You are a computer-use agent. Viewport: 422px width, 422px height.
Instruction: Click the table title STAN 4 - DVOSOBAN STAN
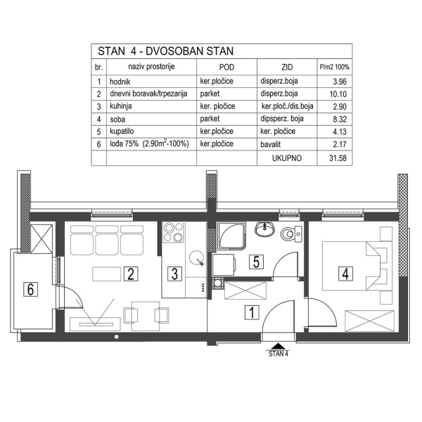coord(165,51)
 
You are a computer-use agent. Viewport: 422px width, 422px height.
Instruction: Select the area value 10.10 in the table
coord(339,94)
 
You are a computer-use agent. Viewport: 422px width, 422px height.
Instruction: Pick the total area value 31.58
coord(339,159)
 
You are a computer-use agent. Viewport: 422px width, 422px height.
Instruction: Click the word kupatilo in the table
coord(124,132)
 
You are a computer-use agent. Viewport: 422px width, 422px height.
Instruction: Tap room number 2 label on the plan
coord(129,274)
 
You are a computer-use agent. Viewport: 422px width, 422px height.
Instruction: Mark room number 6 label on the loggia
coord(30,288)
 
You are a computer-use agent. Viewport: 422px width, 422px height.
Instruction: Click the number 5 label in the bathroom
coord(257,262)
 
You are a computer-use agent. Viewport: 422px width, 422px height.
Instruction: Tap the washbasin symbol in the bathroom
coord(265,229)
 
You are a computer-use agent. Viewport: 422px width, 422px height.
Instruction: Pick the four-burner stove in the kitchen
coord(173,232)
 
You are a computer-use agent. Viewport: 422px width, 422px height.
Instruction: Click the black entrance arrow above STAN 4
coord(278,345)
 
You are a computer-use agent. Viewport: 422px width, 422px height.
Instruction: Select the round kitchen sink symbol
coord(196,258)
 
